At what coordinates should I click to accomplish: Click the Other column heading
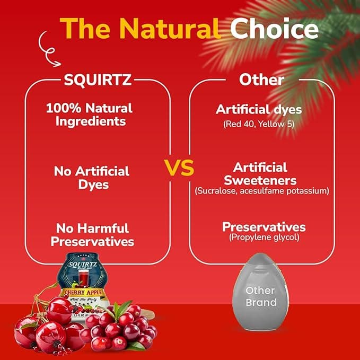coord(261,81)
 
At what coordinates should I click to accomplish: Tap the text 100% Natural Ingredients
coord(89,114)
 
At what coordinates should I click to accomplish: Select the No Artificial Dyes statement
coord(92,178)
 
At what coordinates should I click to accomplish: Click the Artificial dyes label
coord(259,110)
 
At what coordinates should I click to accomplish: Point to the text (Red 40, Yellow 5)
coord(259,125)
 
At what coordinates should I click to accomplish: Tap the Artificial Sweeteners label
coord(260,174)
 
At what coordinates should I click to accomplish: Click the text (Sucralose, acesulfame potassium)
coord(261,190)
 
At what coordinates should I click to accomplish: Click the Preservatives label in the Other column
coord(264,227)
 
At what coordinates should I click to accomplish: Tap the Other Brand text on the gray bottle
coord(261,296)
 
